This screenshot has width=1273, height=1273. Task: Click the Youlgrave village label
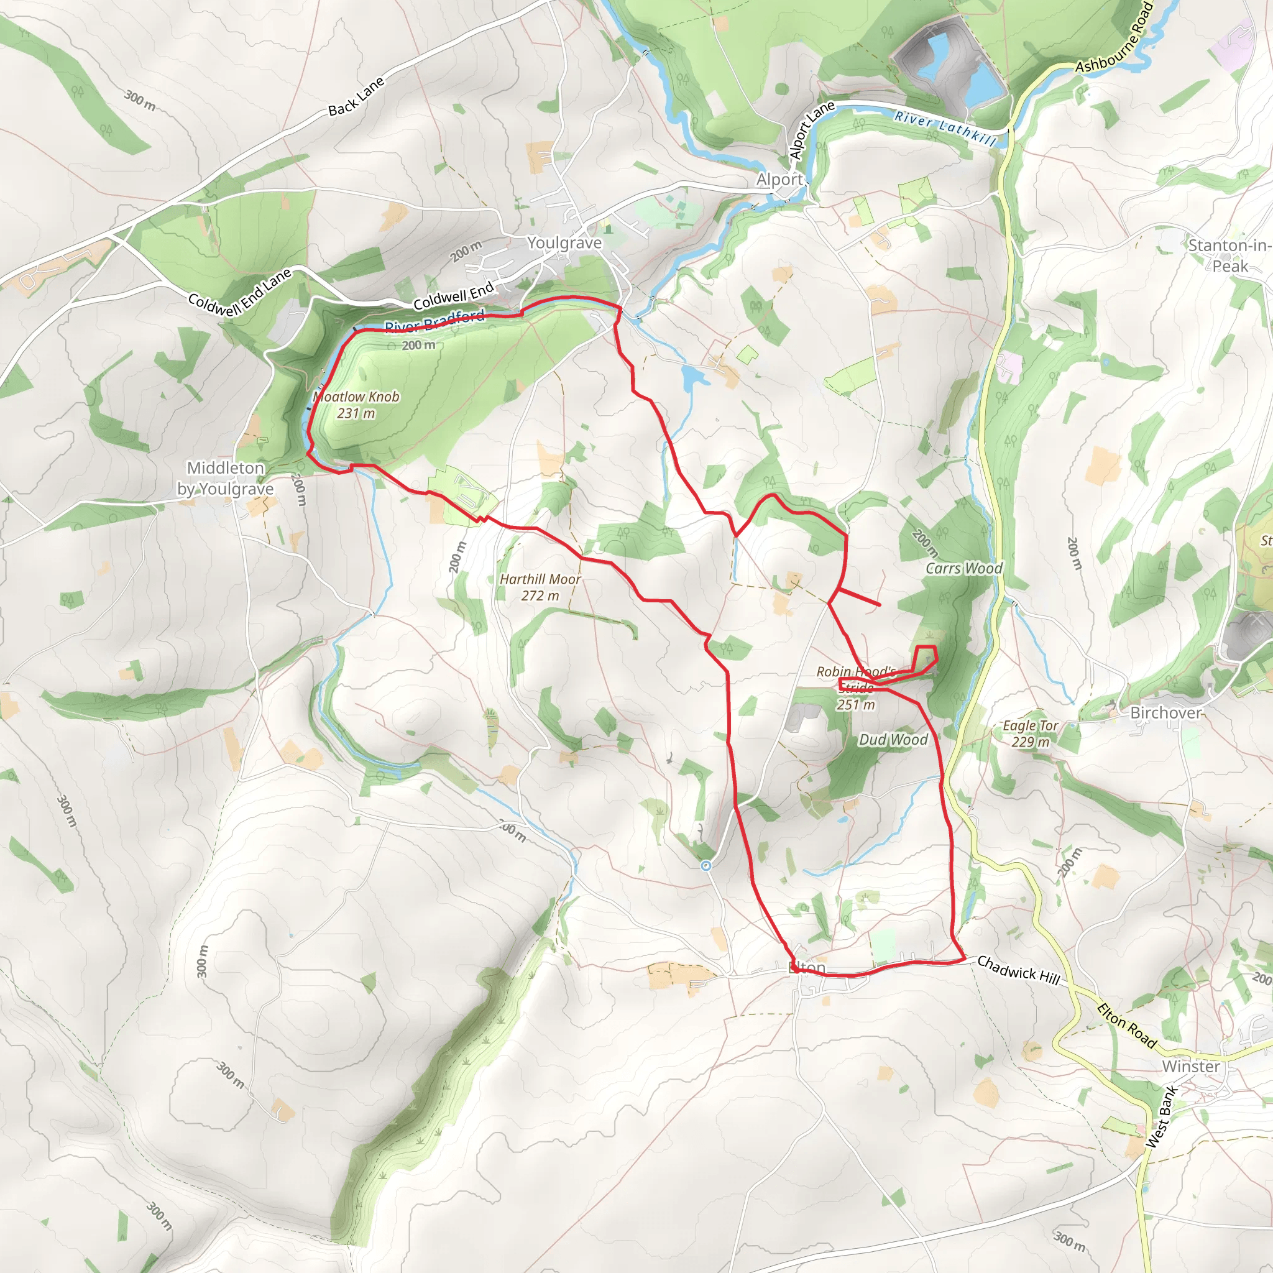(564, 243)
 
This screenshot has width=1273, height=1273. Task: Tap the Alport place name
(779, 180)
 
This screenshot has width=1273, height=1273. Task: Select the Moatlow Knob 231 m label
(356, 405)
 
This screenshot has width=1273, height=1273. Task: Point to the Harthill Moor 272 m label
(540, 587)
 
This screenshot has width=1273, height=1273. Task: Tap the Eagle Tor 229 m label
(1031, 733)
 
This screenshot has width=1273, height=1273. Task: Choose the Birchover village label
(1165, 713)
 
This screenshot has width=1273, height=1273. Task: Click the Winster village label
(1190, 1066)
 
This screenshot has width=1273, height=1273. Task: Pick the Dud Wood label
(893, 740)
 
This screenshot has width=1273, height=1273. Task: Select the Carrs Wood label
(964, 569)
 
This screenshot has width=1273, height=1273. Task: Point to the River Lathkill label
(945, 128)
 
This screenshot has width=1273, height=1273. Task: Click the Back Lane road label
(356, 97)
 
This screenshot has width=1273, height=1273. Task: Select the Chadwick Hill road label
(1019, 970)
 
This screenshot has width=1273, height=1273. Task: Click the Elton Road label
(1127, 1025)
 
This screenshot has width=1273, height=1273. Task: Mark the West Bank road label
(1161, 1117)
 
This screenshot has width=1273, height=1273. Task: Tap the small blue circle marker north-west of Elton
(706, 865)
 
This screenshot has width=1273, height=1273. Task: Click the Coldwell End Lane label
(240, 293)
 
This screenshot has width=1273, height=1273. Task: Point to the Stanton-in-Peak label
(1229, 255)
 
